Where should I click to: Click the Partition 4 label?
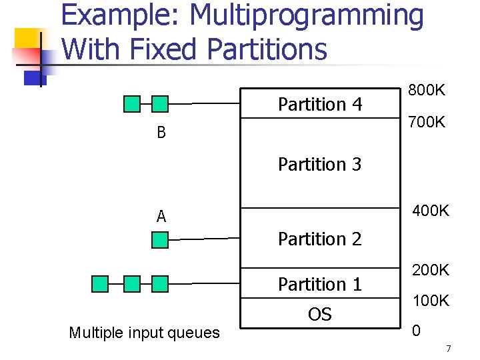click(319, 105)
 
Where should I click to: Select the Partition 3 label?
click(319, 164)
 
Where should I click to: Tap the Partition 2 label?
click(319, 239)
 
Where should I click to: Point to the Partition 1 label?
click(319, 285)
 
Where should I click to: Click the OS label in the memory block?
click(319, 315)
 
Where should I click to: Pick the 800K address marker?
click(427, 90)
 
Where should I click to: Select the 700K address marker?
click(427, 123)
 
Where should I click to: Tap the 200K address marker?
click(431, 270)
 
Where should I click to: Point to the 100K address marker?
click(431, 301)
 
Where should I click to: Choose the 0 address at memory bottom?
click(416, 330)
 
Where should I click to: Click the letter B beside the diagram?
click(161, 133)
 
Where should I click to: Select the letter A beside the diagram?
click(161, 217)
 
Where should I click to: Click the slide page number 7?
click(448, 349)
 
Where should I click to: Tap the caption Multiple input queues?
click(144, 333)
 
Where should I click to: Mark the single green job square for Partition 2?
click(160, 239)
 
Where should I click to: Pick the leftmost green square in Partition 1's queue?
click(100, 285)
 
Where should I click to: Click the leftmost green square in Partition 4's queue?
click(133, 104)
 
